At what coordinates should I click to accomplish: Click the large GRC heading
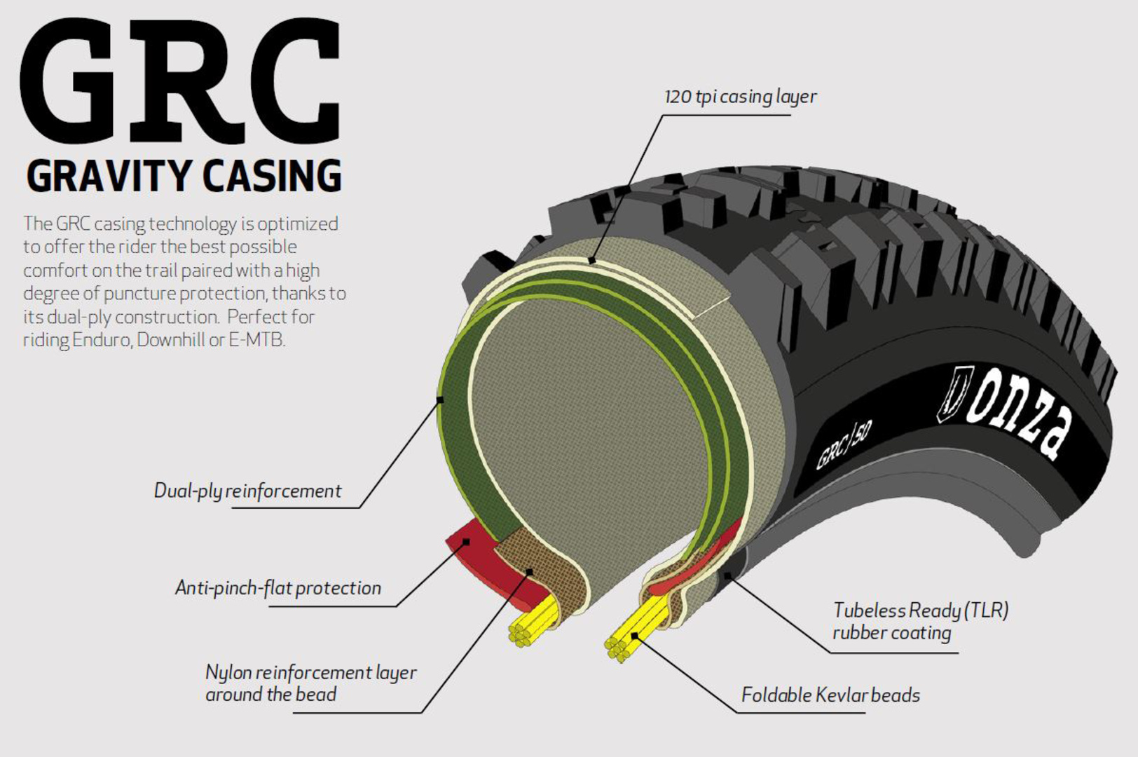[x=181, y=83]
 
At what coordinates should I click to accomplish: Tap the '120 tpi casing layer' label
[x=740, y=97]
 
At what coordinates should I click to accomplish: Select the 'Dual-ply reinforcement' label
[x=247, y=491]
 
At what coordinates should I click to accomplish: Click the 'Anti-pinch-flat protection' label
[x=277, y=587]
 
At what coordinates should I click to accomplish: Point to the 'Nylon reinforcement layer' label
[x=310, y=673]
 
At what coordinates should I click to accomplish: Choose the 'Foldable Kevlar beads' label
[x=830, y=695]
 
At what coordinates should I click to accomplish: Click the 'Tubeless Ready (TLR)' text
[x=920, y=611]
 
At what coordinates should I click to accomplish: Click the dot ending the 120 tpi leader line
[x=592, y=261]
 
